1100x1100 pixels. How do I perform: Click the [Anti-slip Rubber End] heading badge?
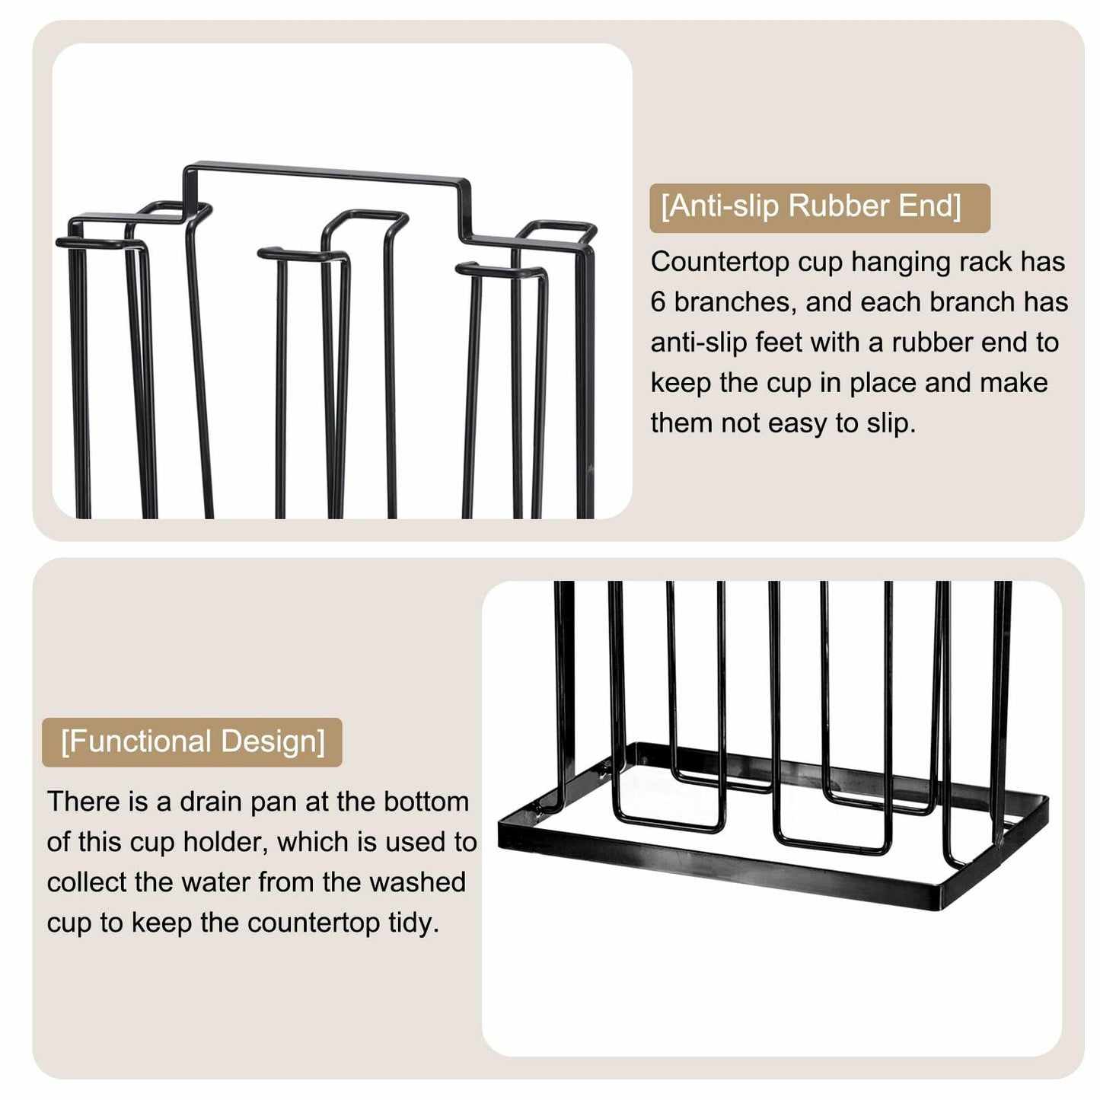click(818, 207)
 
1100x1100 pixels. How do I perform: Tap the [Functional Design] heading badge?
click(192, 741)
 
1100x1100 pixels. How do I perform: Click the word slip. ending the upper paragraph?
click(890, 423)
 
